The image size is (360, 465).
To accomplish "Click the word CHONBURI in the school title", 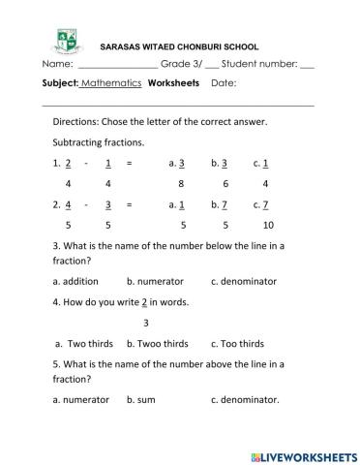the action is [200, 46].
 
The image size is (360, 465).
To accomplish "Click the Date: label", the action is [224, 83].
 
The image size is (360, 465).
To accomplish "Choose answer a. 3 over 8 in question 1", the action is [178, 172].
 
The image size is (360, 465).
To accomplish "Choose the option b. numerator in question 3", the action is [155, 281].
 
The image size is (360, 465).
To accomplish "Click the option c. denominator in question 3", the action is [243, 281].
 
